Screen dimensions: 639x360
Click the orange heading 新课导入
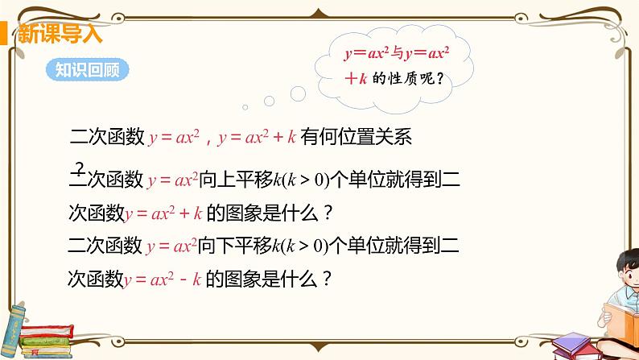(60, 34)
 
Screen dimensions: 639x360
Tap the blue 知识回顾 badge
(87, 70)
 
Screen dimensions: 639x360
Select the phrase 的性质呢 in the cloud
(403, 78)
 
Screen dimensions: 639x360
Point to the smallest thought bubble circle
(245, 107)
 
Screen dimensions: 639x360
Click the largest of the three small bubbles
(298, 93)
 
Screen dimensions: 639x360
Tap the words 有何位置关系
(357, 136)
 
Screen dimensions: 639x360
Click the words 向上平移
(236, 179)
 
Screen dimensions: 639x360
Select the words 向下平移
(235, 245)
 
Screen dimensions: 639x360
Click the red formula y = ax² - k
(163, 279)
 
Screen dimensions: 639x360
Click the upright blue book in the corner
(12, 330)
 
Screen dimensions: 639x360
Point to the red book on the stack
(47, 331)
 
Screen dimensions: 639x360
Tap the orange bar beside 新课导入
(4, 34)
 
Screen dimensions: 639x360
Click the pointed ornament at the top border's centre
(319, 14)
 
